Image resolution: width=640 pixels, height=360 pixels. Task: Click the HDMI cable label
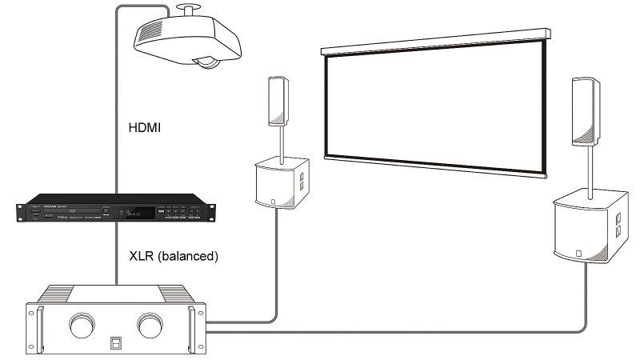point(145,126)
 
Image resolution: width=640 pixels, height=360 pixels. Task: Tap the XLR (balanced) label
point(174,257)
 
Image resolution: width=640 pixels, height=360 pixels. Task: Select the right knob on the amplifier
point(150,326)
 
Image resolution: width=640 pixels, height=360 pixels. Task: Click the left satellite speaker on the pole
point(278,100)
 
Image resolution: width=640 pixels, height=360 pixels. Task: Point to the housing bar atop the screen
point(436,41)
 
